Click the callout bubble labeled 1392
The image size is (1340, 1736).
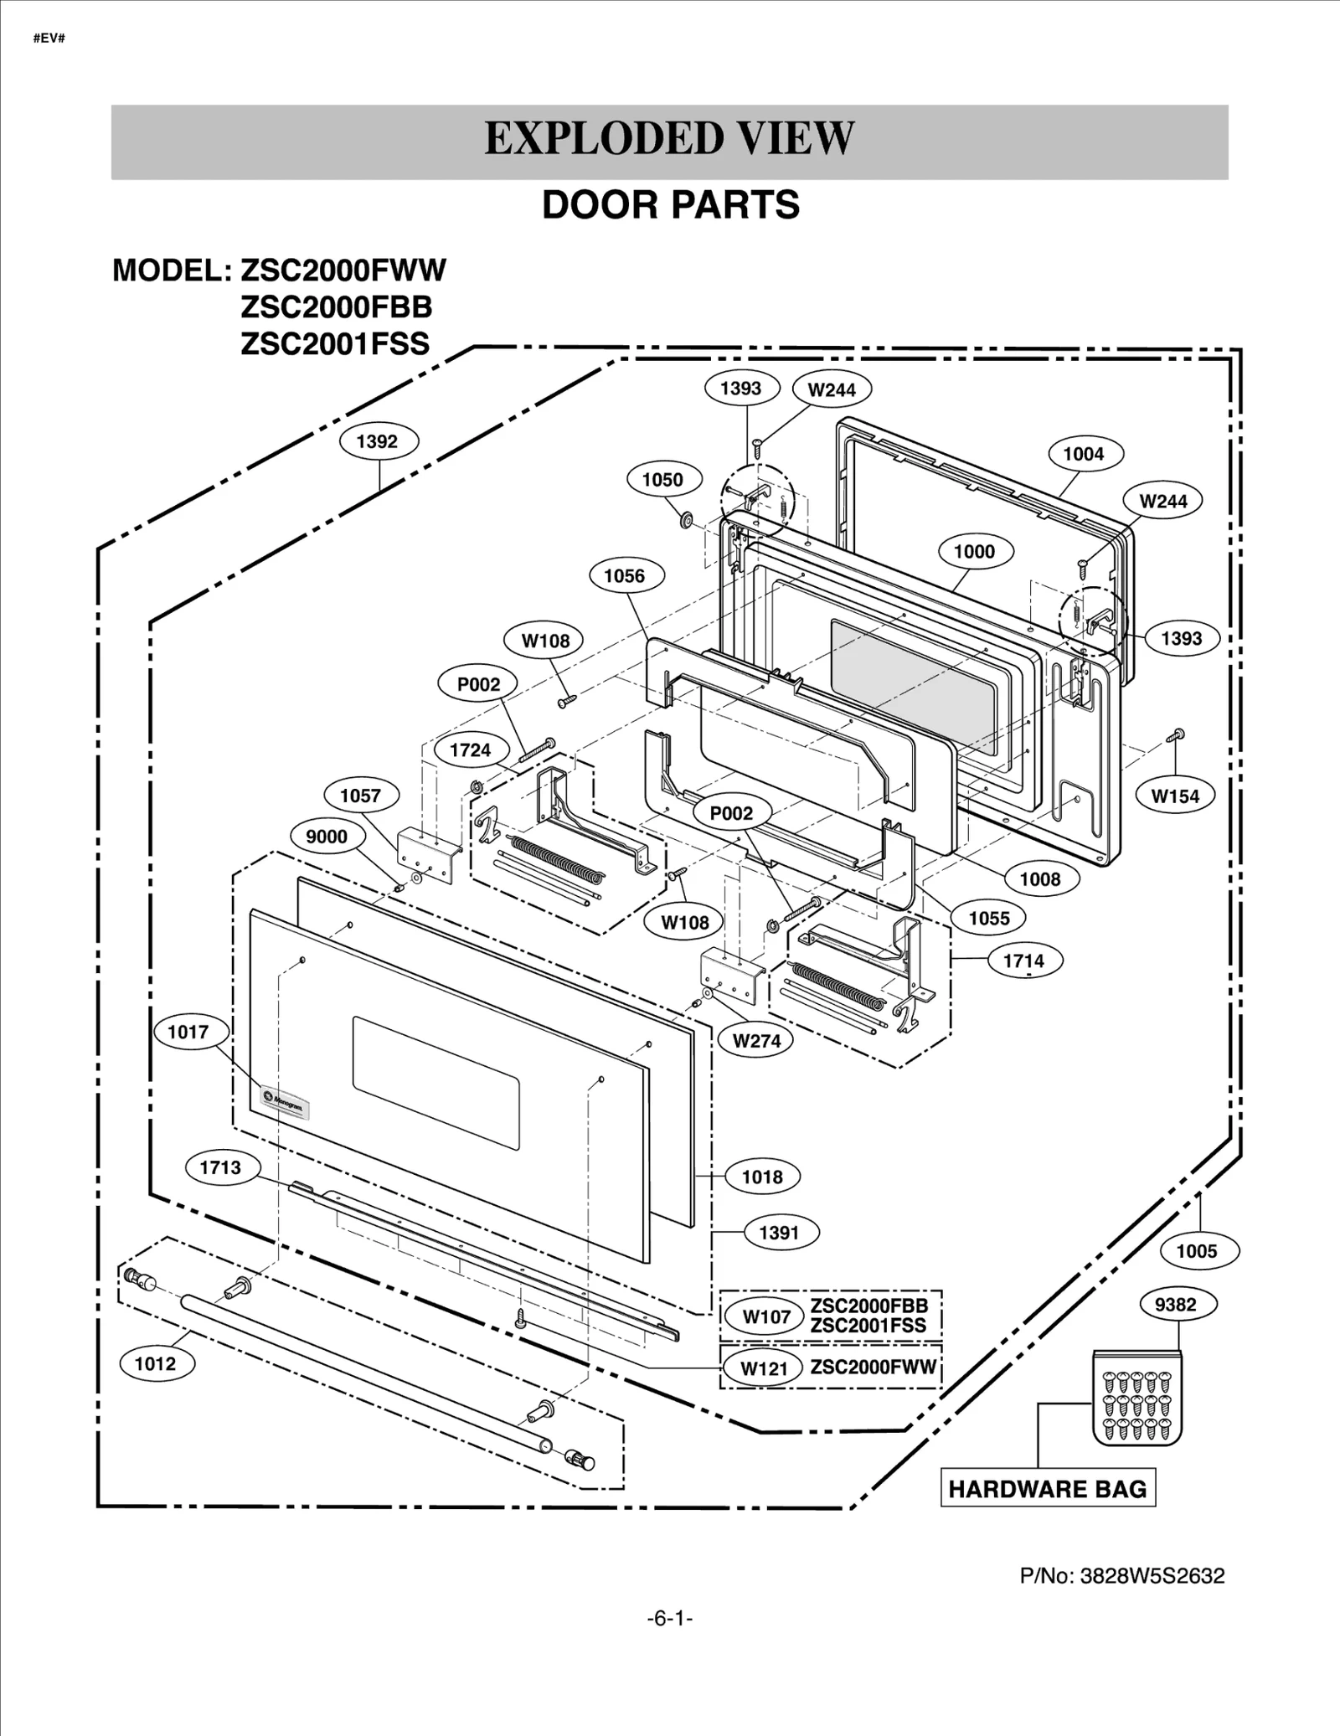point(377,441)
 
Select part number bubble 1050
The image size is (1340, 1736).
point(662,480)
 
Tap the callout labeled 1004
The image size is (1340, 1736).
point(1084,454)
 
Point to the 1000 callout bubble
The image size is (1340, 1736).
point(974,551)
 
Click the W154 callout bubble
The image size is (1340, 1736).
point(1175,796)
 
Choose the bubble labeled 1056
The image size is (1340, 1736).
point(624,576)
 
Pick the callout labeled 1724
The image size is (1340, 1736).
point(470,750)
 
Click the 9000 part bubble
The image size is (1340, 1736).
point(326,837)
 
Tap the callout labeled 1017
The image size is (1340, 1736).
point(188,1032)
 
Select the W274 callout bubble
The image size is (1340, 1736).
point(756,1041)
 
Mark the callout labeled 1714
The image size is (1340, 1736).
point(1023,961)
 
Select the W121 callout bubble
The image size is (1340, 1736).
point(765,1368)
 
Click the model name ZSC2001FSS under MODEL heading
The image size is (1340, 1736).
point(335,344)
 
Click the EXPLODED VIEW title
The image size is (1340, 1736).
point(669,139)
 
